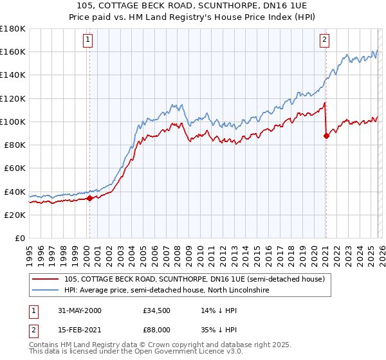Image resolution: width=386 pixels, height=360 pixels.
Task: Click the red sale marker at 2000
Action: click(x=89, y=199)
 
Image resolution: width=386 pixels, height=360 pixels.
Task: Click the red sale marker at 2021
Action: click(x=326, y=136)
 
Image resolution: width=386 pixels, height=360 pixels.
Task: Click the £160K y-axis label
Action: click(x=13, y=51)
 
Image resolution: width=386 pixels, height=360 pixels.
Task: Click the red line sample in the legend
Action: click(x=46, y=279)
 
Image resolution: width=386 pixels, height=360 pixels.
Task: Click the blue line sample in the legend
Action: click(x=46, y=291)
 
